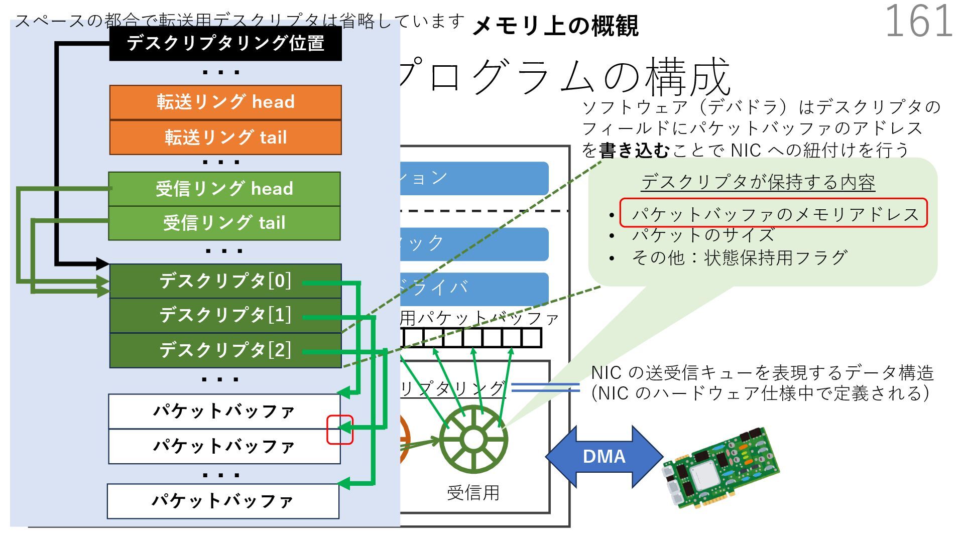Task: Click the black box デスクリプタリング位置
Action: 225,44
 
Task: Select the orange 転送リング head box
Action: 225,102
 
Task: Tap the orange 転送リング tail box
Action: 225,137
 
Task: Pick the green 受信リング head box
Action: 224,189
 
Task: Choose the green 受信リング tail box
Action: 224,223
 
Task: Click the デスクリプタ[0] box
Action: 225,281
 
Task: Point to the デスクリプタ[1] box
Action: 225,315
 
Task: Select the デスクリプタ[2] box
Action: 225,350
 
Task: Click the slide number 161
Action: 918,21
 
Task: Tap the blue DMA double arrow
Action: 604,456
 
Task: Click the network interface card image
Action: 721,468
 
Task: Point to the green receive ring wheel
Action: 473,439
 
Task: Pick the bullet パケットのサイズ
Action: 703,235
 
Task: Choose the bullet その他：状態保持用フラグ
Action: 739,258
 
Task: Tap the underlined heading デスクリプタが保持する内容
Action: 758,182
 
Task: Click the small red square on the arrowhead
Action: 340,430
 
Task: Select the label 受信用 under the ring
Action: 473,493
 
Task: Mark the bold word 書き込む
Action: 634,150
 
